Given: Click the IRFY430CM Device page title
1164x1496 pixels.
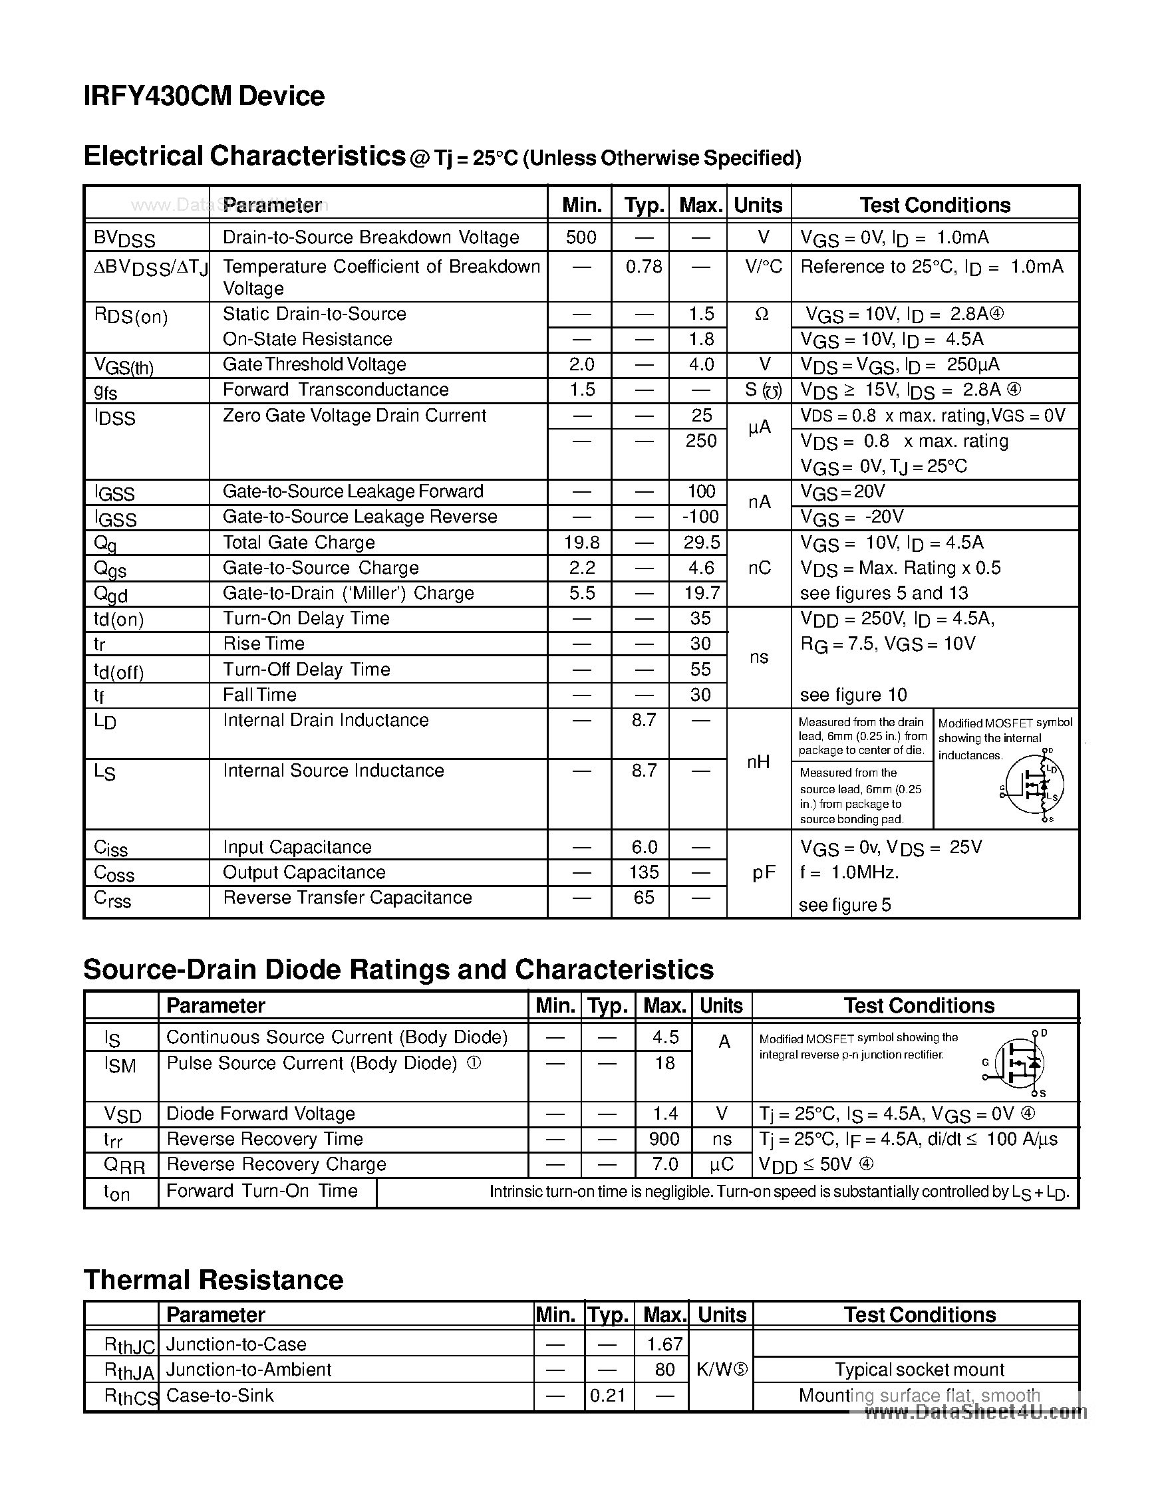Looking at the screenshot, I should point(204,96).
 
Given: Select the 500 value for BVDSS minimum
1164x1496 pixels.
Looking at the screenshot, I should point(581,237).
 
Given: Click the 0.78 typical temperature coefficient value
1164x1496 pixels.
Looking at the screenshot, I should point(643,267).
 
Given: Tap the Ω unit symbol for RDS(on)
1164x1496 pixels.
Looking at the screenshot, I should point(761,314).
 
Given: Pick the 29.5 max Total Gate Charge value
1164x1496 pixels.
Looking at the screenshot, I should point(702,543).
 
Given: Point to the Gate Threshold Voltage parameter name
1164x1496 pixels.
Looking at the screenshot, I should point(314,364).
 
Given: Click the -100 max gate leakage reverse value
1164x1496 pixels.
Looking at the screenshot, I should point(700,517).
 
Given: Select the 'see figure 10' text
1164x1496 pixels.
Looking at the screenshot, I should point(853,695).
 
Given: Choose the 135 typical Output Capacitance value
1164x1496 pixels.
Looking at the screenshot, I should point(643,872).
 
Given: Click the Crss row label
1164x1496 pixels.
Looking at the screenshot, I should point(112,899).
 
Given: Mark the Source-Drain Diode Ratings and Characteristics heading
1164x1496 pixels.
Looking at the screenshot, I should point(398,969).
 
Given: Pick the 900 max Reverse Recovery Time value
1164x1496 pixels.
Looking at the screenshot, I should point(664,1138).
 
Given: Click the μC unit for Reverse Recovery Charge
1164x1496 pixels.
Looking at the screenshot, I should point(722,1164).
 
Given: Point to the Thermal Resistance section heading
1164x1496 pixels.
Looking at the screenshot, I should point(213,1279).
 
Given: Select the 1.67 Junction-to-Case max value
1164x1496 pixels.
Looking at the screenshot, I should point(664,1344).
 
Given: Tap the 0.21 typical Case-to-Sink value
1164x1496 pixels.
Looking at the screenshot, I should point(607,1396).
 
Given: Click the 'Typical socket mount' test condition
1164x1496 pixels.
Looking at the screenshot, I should point(919,1369).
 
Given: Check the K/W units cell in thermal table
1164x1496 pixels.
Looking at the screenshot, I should point(722,1369).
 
